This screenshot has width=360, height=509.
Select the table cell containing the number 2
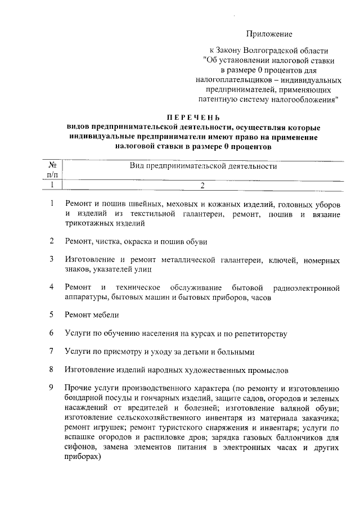click(202, 184)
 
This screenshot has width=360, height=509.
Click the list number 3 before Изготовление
click(51, 260)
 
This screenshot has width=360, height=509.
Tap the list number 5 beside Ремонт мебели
click(51, 315)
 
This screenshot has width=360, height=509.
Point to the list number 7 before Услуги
click(51, 352)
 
